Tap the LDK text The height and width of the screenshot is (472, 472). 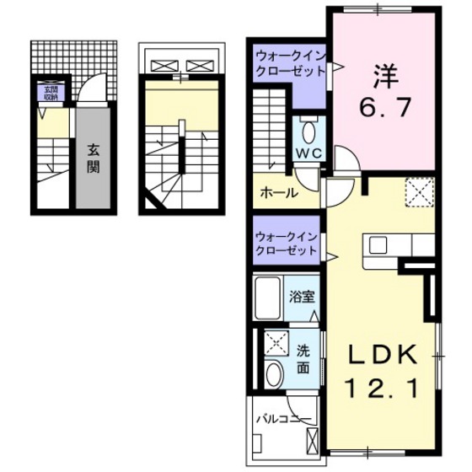tap(381, 357)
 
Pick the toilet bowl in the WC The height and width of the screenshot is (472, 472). tap(308, 131)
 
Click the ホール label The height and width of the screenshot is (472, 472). tap(278, 192)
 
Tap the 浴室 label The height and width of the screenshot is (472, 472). tap(302, 297)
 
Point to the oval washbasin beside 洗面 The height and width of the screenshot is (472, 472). tap(274, 373)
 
